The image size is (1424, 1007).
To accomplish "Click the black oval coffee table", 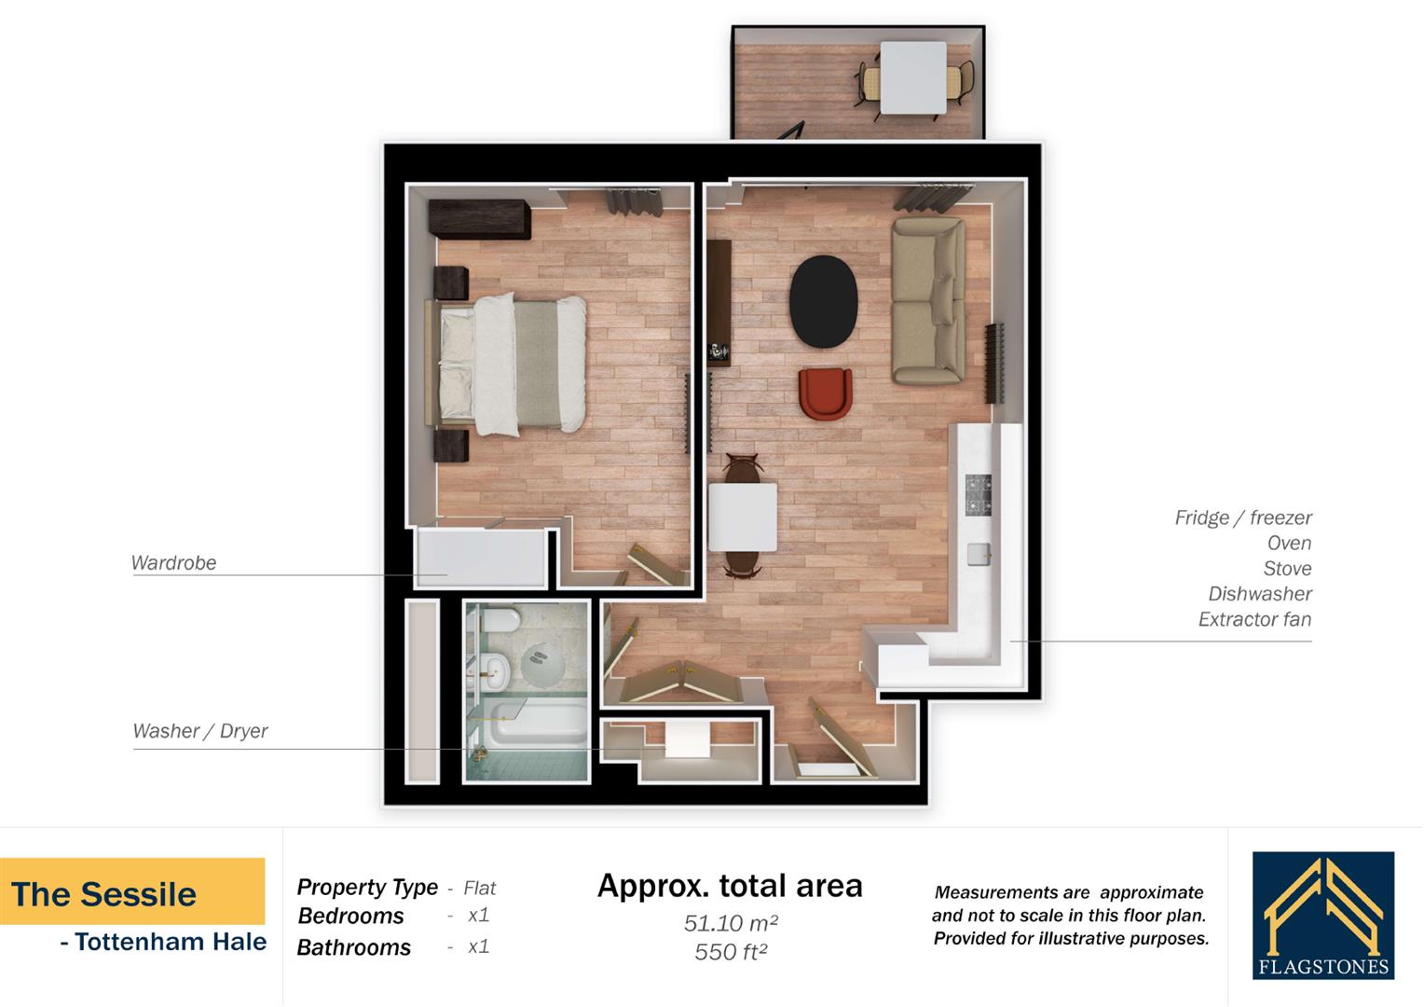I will point(823,300).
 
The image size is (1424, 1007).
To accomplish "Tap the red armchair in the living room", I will point(825,393).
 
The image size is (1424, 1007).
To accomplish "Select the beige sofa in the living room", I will point(926,300).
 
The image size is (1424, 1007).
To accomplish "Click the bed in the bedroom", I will point(513,364).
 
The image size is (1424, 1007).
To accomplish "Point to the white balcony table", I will point(912,77).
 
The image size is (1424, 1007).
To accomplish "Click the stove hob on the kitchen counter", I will point(978,494).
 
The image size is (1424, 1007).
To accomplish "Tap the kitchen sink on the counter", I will point(978,553).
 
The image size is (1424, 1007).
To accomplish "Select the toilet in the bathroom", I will point(503,620).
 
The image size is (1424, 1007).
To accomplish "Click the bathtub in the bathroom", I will point(539,724).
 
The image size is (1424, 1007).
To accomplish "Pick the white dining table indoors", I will point(743,517).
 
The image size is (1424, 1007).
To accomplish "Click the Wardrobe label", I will point(173,563).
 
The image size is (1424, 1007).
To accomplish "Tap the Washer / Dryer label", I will point(199,731).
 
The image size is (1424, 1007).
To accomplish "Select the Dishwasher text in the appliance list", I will point(1259,594).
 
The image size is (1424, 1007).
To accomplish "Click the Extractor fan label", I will point(1254,619).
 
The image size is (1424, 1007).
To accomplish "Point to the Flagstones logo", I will point(1322,916).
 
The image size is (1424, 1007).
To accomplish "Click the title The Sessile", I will point(104,894).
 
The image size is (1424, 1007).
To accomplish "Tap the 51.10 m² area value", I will point(730,923).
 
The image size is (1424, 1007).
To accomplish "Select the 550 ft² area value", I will point(730,952).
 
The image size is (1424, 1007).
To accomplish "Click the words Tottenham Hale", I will point(171,942).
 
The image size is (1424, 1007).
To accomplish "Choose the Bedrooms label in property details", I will point(350,917).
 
